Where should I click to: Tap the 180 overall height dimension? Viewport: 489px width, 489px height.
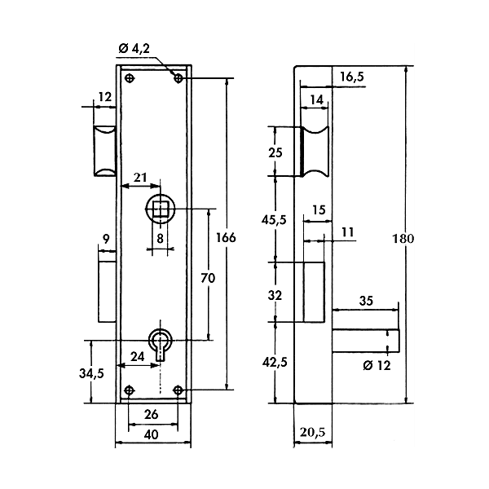pyautogui.click(x=404, y=240)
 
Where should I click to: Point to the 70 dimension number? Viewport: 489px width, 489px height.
pyautogui.click(x=207, y=279)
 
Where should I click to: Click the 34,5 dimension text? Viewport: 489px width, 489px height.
pyautogui.click(x=91, y=373)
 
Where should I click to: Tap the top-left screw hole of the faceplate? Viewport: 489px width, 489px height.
pyautogui.click(x=130, y=78)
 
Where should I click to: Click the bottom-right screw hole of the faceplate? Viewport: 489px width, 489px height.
pyautogui.click(x=178, y=391)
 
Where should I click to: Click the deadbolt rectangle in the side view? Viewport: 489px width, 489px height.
pyautogui.click(x=313, y=291)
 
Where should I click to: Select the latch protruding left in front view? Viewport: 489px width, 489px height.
pyautogui.click(x=104, y=151)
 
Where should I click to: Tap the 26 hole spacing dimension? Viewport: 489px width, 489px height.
pyautogui.click(x=152, y=415)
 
